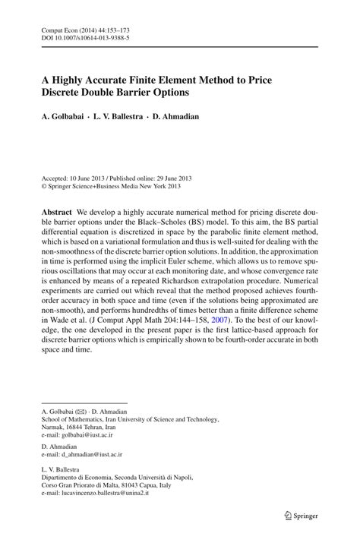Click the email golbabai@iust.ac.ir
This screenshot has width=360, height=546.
[89, 436]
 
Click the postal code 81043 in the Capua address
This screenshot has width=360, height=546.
[132, 484]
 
